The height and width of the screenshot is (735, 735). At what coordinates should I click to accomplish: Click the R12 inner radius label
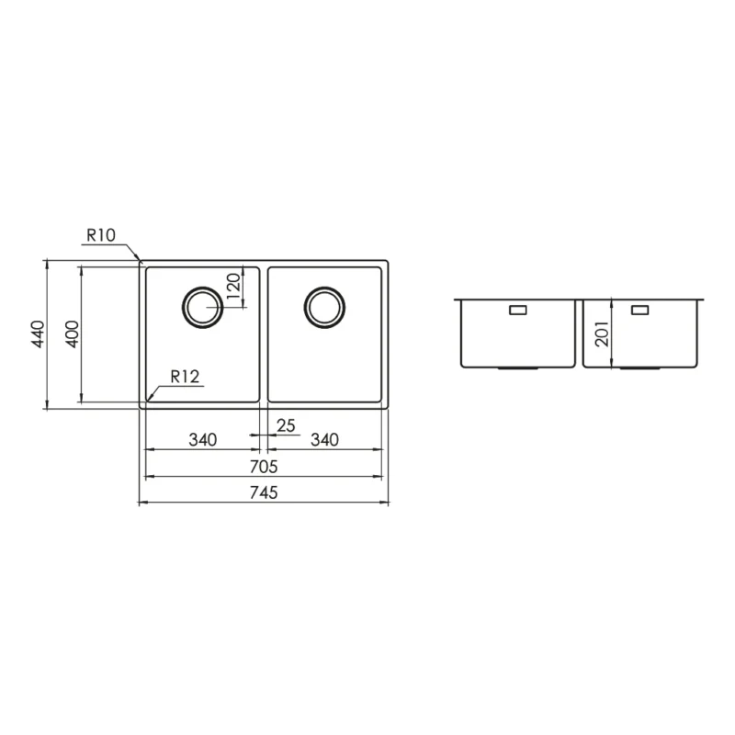(x=184, y=374)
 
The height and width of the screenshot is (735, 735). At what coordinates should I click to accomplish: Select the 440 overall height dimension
(x=38, y=334)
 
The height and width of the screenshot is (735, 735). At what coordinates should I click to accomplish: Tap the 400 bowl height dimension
(x=72, y=334)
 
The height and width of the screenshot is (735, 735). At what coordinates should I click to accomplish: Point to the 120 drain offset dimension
(x=233, y=288)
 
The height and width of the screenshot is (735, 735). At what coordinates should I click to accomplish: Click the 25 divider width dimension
(x=285, y=424)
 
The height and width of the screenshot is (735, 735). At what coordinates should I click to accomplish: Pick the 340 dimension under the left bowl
(x=202, y=439)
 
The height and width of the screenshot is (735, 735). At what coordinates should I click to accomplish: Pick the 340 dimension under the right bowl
(x=324, y=439)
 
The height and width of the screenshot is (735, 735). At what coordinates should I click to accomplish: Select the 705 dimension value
(x=263, y=467)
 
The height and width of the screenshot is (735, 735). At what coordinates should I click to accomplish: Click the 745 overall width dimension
(x=263, y=493)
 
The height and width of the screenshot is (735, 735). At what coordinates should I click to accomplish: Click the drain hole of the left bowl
(x=202, y=306)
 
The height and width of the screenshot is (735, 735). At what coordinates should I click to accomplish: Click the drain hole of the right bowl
(x=324, y=306)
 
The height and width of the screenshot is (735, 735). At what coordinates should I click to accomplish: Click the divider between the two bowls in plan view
(x=264, y=334)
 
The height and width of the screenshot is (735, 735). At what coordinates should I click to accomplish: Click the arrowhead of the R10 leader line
(x=139, y=262)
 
